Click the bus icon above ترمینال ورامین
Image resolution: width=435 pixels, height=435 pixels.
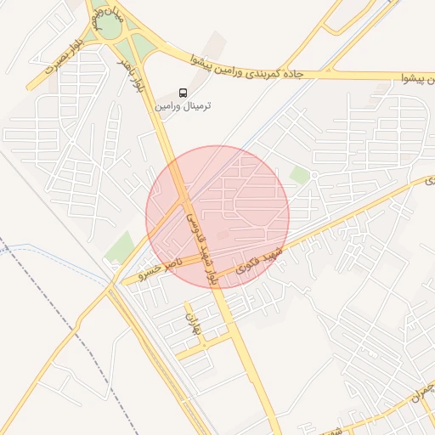[184, 92]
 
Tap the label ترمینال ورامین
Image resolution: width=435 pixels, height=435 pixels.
[183, 106]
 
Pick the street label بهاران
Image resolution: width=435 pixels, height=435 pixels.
[192, 323]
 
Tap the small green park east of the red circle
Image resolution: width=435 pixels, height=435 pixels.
[298, 176]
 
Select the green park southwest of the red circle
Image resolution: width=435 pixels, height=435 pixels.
[120, 247]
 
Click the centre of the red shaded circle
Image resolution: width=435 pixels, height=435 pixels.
[217, 217]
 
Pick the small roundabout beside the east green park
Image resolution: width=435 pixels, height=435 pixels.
[313, 176]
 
